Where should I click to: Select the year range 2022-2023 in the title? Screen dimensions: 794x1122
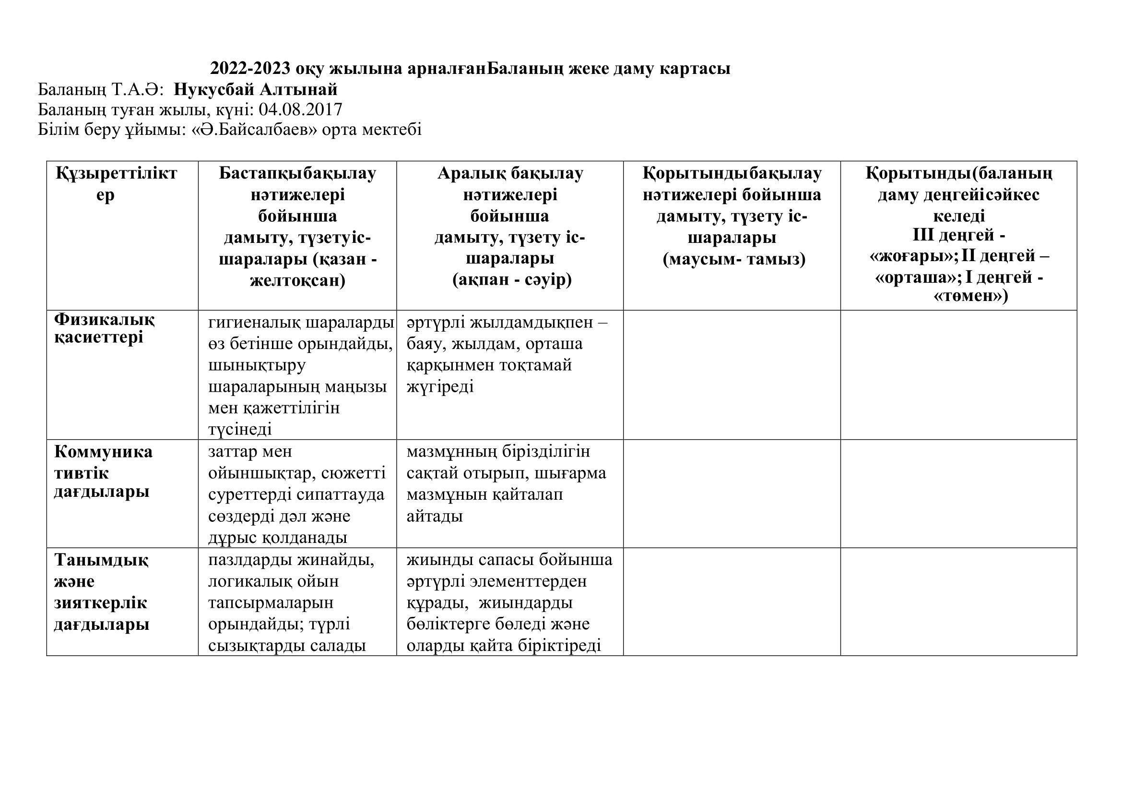tap(250, 69)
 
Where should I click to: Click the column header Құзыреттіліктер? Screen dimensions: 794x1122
tap(116, 183)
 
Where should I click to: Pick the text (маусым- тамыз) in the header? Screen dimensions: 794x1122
tap(734, 259)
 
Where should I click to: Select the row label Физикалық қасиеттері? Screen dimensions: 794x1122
tap(104, 328)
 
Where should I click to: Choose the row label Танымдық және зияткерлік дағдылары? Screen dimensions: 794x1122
tap(101, 591)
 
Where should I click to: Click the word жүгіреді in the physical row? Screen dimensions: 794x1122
tap(440, 387)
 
